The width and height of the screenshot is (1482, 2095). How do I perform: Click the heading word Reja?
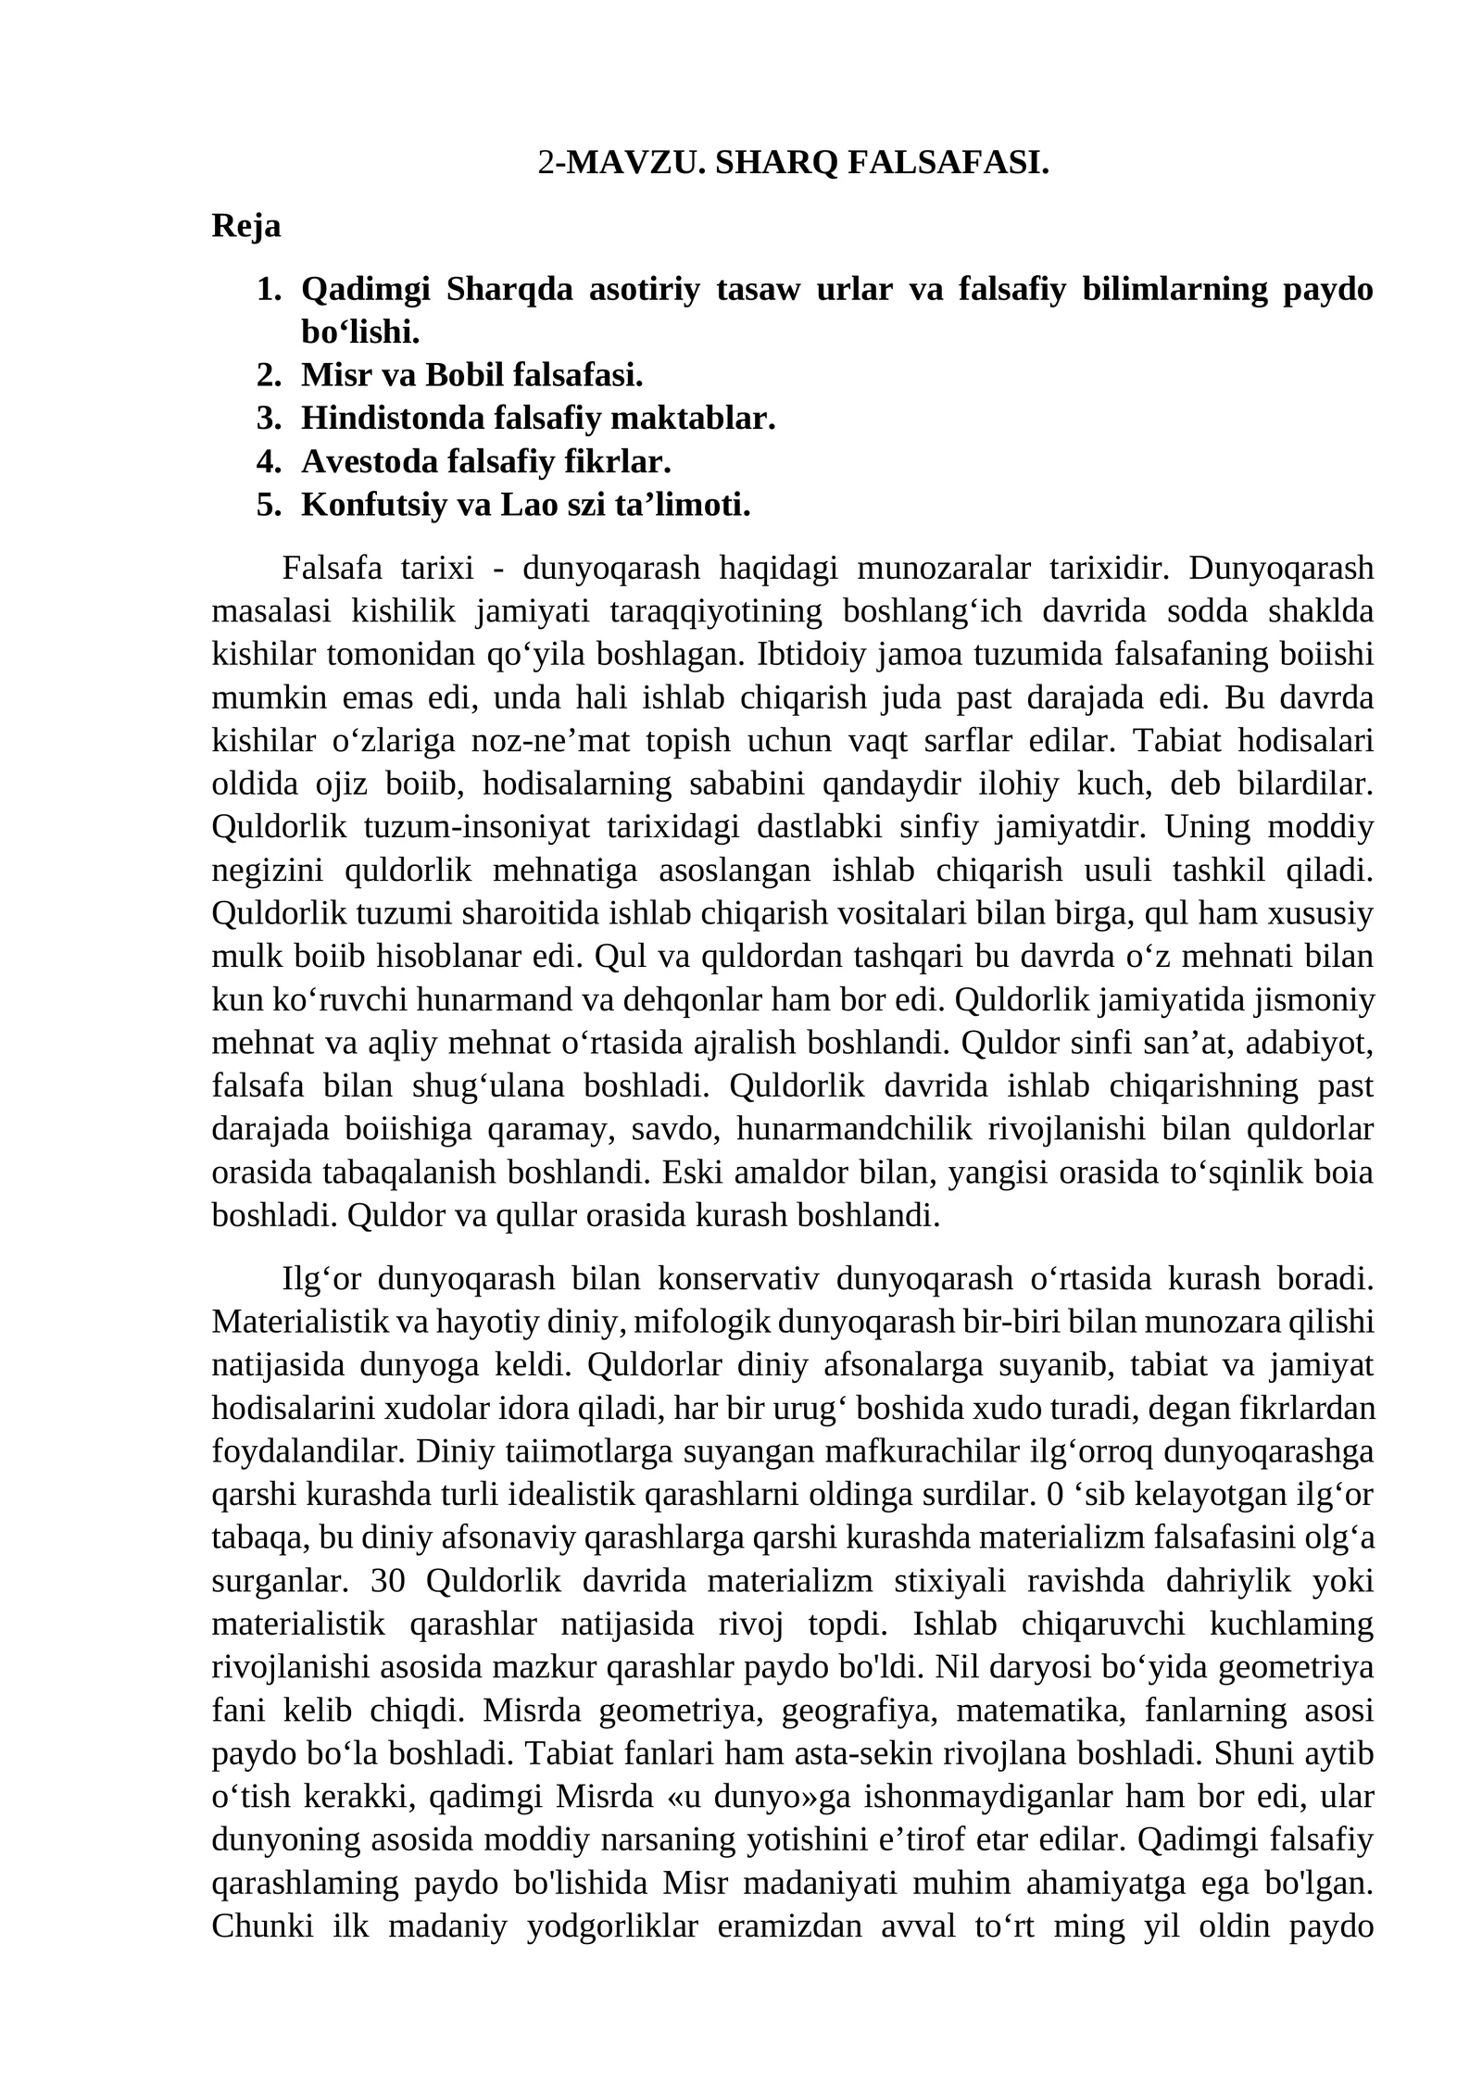246,225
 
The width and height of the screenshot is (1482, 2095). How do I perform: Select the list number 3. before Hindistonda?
269,419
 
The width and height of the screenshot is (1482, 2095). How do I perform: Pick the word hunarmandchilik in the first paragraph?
854,1130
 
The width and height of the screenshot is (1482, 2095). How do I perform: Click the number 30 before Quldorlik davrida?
387,1581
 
